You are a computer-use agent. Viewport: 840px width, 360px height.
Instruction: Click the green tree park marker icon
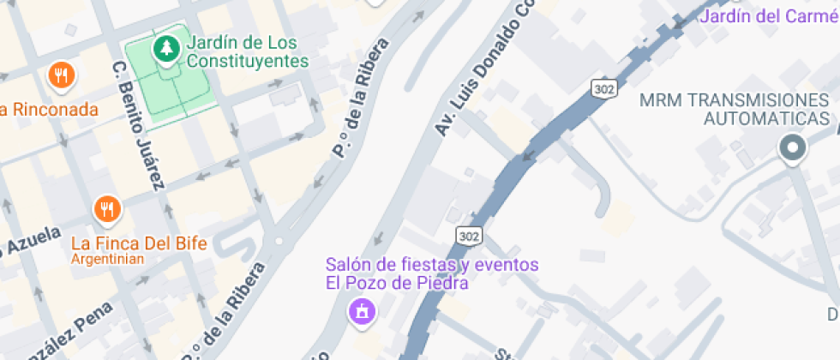[165, 50]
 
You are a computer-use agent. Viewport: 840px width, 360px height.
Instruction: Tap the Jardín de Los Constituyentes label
[247, 51]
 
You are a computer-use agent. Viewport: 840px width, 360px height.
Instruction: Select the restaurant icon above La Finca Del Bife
[107, 209]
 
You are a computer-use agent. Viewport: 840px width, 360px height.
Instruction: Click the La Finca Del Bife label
[139, 243]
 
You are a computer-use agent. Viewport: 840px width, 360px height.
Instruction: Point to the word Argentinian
[107, 259]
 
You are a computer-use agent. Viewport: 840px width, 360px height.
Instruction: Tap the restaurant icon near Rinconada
[61, 76]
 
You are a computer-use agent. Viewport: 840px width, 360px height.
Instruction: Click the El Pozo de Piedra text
[396, 282]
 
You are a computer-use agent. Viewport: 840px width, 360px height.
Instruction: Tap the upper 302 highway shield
[603, 87]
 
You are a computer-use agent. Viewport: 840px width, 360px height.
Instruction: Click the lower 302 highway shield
[469, 235]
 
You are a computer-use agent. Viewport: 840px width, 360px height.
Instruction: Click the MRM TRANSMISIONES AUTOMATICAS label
[735, 109]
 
